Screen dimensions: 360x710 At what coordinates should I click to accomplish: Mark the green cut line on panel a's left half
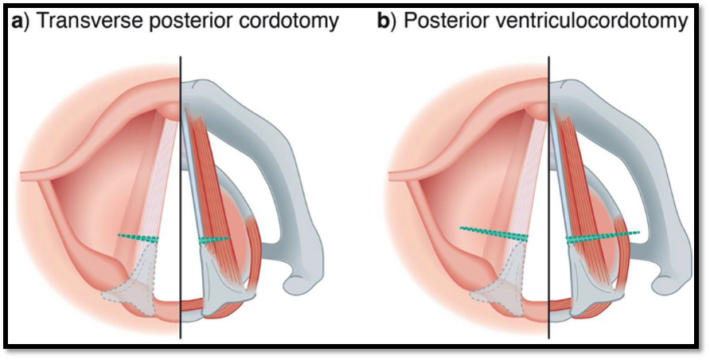[138, 237]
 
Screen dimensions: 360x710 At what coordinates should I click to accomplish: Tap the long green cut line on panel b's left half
[493, 233]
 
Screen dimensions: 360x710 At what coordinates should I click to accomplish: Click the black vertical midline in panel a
[181, 199]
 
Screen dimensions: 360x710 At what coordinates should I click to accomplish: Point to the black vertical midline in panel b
[548, 199]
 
